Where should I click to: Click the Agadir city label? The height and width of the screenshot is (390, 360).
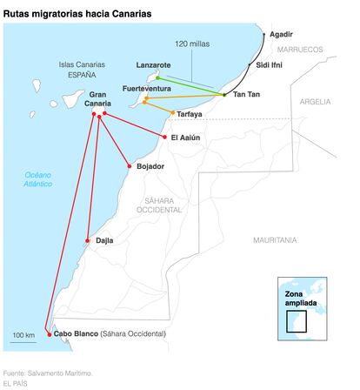281,34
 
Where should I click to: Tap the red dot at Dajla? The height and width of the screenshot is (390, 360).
88,240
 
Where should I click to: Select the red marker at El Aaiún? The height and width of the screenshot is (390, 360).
164,137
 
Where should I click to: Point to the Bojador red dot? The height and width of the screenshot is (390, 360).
130,166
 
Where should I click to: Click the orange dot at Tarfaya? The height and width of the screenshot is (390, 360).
173,112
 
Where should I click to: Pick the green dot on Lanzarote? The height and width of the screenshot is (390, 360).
157,77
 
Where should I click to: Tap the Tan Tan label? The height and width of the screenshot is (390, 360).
246,94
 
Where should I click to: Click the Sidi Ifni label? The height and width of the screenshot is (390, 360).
269,65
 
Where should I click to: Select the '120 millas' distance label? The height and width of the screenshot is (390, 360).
192,44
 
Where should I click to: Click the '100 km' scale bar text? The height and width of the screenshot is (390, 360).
23,335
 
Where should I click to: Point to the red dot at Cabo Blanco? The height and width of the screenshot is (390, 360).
50,334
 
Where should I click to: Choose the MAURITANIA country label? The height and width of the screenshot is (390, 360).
275,240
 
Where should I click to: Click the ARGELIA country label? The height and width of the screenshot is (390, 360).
315,102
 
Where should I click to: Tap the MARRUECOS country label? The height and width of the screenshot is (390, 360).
300,50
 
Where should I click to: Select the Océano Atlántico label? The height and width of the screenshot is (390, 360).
38,179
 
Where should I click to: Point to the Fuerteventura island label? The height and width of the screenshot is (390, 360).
147,89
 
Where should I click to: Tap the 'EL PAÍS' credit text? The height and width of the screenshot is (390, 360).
16,383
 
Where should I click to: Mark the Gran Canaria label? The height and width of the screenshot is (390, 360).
97,99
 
